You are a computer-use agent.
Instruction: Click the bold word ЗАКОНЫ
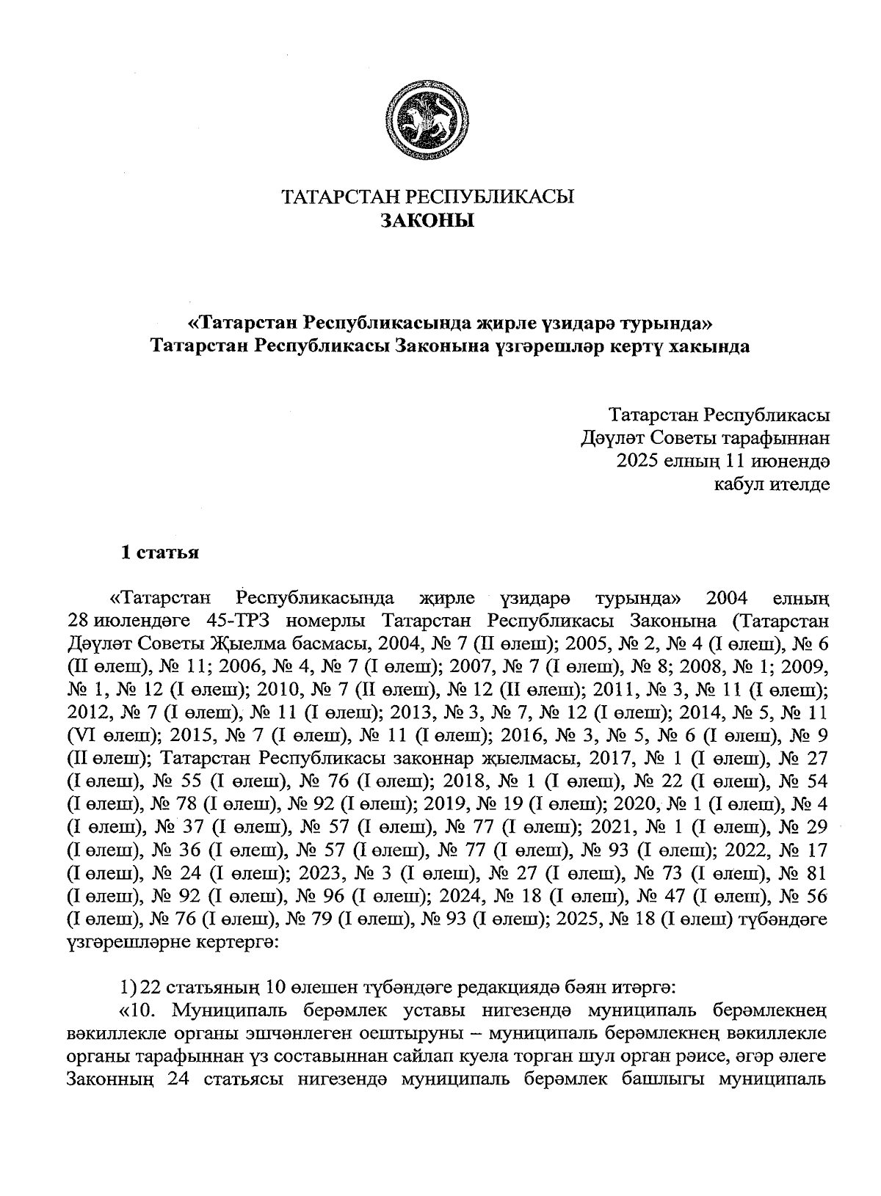[x=427, y=219]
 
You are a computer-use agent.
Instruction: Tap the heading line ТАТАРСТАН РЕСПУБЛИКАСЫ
[x=428, y=197]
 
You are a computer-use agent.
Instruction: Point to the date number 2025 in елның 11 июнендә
[x=638, y=461]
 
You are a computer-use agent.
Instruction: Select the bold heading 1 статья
[x=160, y=553]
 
